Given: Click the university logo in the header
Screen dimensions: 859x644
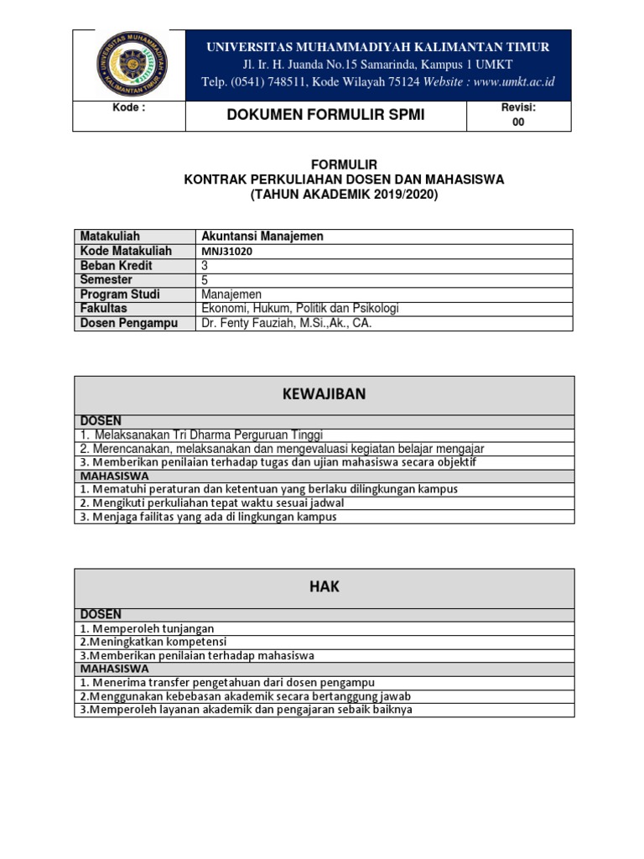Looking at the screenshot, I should pyautogui.click(x=132, y=65).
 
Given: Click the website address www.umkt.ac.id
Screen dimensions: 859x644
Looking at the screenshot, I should pyautogui.click(x=513, y=81).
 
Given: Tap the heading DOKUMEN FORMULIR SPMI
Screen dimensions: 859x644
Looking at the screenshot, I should pyautogui.click(x=325, y=115).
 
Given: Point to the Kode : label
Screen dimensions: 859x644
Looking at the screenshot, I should pyautogui.click(x=129, y=108).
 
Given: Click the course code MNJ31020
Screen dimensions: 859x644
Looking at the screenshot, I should pyautogui.click(x=227, y=251).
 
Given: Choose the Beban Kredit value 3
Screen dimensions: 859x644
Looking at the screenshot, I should pyautogui.click(x=205, y=265).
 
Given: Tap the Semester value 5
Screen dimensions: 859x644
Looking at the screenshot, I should pyautogui.click(x=205, y=280).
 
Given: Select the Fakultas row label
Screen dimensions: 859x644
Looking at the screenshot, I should pyautogui.click(x=103, y=309).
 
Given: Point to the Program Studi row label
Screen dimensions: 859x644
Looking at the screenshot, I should pyautogui.click(x=119, y=294).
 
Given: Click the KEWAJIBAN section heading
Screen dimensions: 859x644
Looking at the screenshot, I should pyautogui.click(x=325, y=394).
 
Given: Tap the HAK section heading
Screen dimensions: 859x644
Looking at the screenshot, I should pyautogui.click(x=325, y=587).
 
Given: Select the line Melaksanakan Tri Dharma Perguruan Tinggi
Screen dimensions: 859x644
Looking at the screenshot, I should pyautogui.click(x=201, y=435).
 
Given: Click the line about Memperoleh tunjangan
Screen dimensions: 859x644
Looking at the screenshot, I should pyautogui.click(x=148, y=628).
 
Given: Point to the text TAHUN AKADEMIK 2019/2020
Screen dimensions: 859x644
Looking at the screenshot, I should pyautogui.click(x=344, y=195).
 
